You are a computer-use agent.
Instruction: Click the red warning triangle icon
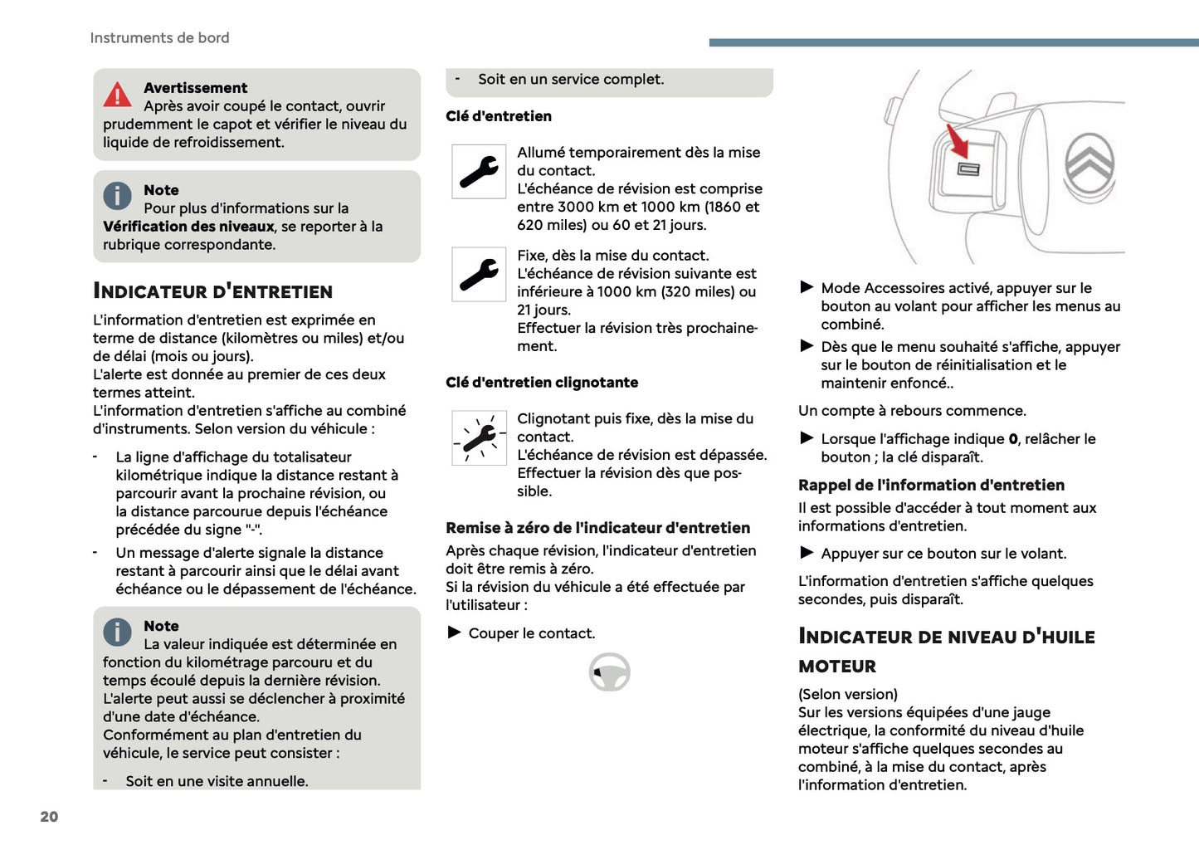tap(117, 95)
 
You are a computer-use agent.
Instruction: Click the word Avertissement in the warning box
tap(195, 88)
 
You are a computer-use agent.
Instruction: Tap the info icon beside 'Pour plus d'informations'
tap(117, 196)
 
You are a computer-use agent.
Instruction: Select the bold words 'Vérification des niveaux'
tap(188, 227)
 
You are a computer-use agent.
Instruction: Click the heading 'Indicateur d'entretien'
tap(212, 291)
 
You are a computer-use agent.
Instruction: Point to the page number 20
tap(49, 817)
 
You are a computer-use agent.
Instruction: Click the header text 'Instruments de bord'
tap(159, 38)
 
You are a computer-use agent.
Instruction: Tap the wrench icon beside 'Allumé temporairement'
tap(479, 172)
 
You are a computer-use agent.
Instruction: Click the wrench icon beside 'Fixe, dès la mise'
tap(479, 274)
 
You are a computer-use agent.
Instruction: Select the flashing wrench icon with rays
tap(479, 437)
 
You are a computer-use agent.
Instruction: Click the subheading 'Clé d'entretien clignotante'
tap(542, 383)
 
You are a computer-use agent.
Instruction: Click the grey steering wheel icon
tap(609, 672)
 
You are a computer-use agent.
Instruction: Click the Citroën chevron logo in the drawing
tap(1089, 163)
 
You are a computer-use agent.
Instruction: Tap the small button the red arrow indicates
tap(968, 169)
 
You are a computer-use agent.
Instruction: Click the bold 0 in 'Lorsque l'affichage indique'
tap(1012, 439)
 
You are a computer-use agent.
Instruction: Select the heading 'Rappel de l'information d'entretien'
tap(931, 486)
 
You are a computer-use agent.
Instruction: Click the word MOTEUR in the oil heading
tap(837, 667)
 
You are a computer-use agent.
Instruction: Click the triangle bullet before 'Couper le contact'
tap(455, 633)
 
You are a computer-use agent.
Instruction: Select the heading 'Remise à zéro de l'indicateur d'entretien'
tap(597, 528)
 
